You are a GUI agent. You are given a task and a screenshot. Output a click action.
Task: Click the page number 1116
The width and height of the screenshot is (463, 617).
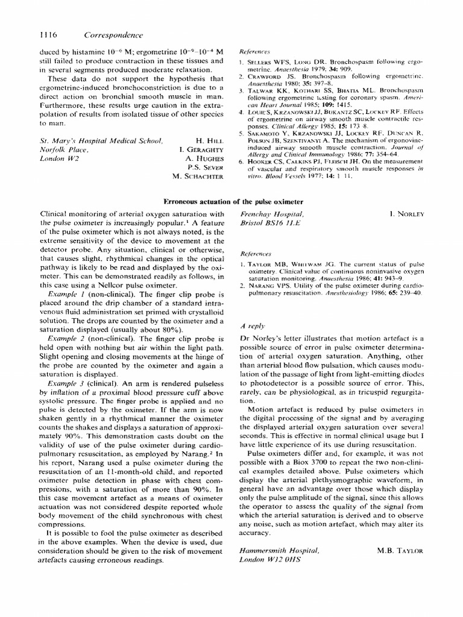pyautogui.click(x=49, y=35)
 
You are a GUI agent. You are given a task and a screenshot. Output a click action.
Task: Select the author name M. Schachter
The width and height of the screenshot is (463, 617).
pyautogui.click(x=198, y=177)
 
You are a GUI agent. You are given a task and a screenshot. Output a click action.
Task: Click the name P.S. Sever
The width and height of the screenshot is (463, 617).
pyautogui.click(x=205, y=168)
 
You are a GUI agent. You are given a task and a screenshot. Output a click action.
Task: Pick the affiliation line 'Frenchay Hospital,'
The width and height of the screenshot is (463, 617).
pyautogui.click(x=272, y=214)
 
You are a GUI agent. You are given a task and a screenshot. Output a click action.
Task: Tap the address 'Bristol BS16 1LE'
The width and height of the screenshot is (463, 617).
pyautogui.click(x=269, y=223)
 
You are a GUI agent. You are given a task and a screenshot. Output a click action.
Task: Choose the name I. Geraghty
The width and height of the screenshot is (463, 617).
pyautogui.click(x=201, y=150)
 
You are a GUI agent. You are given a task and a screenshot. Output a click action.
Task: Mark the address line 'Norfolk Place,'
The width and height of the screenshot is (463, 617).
pyautogui.click(x=62, y=150)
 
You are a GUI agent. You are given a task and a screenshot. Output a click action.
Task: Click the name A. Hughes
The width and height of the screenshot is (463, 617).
pyautogui.click(x=204, y=158)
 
